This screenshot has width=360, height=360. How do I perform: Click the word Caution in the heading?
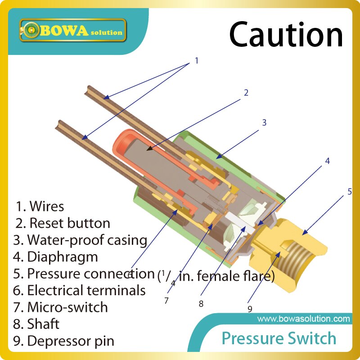(x=286, y=35)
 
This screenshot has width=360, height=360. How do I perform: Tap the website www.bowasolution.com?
(x=303, y=319)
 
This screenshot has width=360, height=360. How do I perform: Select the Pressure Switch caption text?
(x=279, y=338)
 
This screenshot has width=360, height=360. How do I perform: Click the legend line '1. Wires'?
(x=40, y=207)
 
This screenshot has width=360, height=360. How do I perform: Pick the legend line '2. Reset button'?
(x=63, y=223)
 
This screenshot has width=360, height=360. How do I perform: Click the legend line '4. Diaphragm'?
(x=56, y=257)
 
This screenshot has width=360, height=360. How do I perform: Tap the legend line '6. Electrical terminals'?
(x=80, y=291)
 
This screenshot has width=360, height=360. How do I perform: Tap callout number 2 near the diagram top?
(x=246, y=93)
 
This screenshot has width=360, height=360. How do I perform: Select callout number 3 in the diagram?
(x=265, y=122)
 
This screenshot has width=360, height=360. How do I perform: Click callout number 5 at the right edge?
(x=349, y=191)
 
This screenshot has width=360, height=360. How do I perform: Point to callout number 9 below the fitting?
(x=249, y=309)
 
